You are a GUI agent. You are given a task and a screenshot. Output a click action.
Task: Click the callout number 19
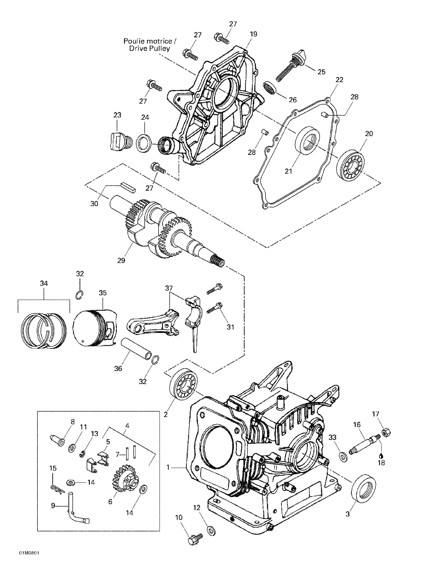point(254,34)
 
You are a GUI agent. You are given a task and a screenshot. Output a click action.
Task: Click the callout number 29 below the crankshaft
point(121,260)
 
